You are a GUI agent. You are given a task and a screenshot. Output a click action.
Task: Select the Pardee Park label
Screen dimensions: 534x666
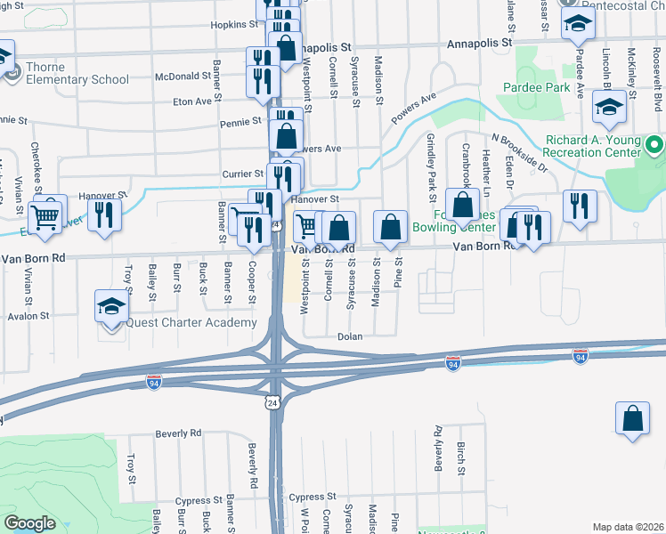535,88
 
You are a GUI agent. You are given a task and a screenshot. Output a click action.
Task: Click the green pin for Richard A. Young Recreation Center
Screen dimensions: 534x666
655,144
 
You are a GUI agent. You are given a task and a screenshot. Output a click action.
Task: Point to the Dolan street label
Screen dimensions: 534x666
349,337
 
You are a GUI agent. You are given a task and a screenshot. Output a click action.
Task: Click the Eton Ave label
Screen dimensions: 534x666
192,101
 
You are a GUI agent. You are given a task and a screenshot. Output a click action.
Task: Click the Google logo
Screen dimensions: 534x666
29,523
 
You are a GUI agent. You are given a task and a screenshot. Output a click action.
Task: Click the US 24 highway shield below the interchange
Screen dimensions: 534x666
270,404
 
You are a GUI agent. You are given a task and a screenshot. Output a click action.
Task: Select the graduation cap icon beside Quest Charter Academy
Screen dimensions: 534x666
111,306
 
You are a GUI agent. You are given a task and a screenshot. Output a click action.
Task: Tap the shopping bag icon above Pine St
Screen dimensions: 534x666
390,227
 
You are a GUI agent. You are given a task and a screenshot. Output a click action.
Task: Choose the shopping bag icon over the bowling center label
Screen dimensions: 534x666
463,205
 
